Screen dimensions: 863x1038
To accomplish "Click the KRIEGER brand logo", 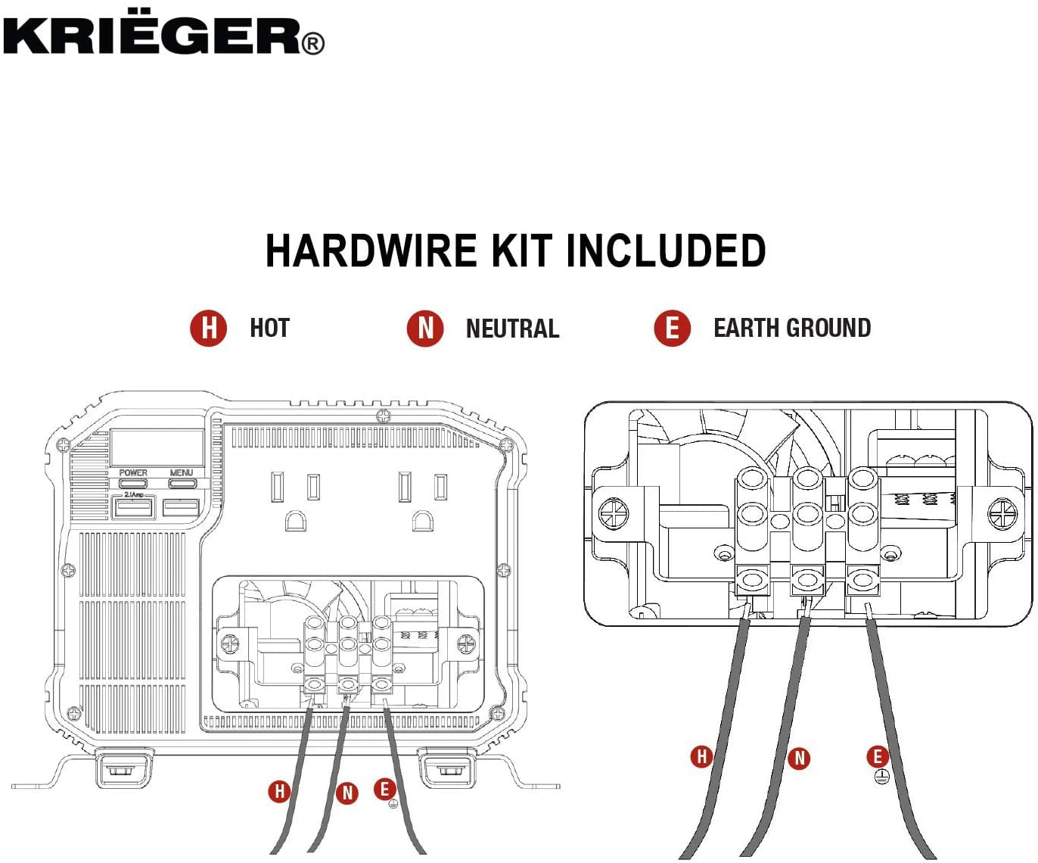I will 163,36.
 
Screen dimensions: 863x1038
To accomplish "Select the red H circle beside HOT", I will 208,329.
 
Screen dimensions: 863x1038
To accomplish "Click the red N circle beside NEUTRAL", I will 425,329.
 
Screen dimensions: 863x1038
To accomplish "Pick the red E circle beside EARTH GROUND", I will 672,329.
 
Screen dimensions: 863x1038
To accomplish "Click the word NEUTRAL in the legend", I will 512,329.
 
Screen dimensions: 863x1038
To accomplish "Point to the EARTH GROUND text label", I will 791,329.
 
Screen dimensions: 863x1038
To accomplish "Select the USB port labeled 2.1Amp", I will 133,507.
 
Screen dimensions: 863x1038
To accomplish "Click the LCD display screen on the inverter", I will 157,447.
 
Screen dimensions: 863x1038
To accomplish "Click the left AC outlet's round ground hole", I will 295,521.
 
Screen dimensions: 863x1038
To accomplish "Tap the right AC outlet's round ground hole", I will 422,521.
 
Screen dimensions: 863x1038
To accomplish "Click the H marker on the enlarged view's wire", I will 701,756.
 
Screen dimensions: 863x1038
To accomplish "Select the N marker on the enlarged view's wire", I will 799,758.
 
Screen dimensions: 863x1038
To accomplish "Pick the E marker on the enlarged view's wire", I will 878,756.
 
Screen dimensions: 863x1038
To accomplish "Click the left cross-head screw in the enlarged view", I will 614,514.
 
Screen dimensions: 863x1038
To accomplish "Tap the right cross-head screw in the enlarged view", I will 1002,514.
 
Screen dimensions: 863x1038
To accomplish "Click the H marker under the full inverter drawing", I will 279,792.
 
